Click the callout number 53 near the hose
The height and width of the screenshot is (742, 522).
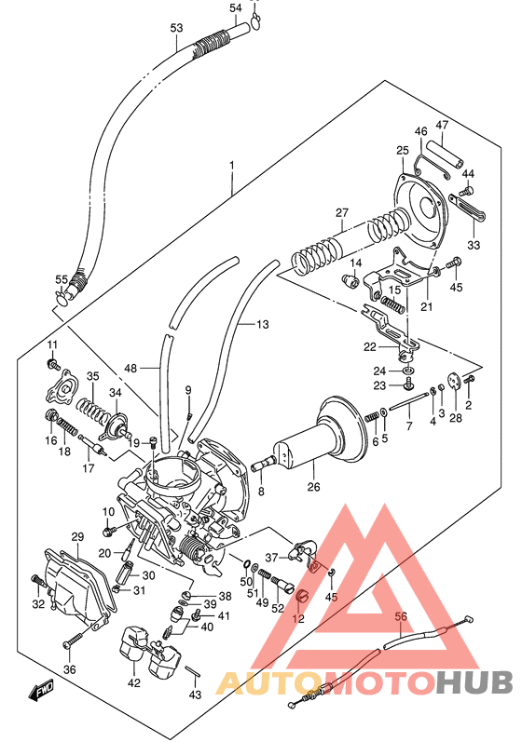176,28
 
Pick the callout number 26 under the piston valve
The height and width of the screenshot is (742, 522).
313,485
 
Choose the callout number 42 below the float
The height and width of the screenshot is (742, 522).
134,682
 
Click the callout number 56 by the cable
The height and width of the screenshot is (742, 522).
402,615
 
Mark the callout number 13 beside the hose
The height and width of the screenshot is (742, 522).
263,324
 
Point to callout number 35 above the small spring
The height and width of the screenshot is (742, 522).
92,376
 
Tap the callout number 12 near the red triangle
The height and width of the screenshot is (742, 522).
298,618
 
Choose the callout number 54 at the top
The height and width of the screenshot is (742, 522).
236,8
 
